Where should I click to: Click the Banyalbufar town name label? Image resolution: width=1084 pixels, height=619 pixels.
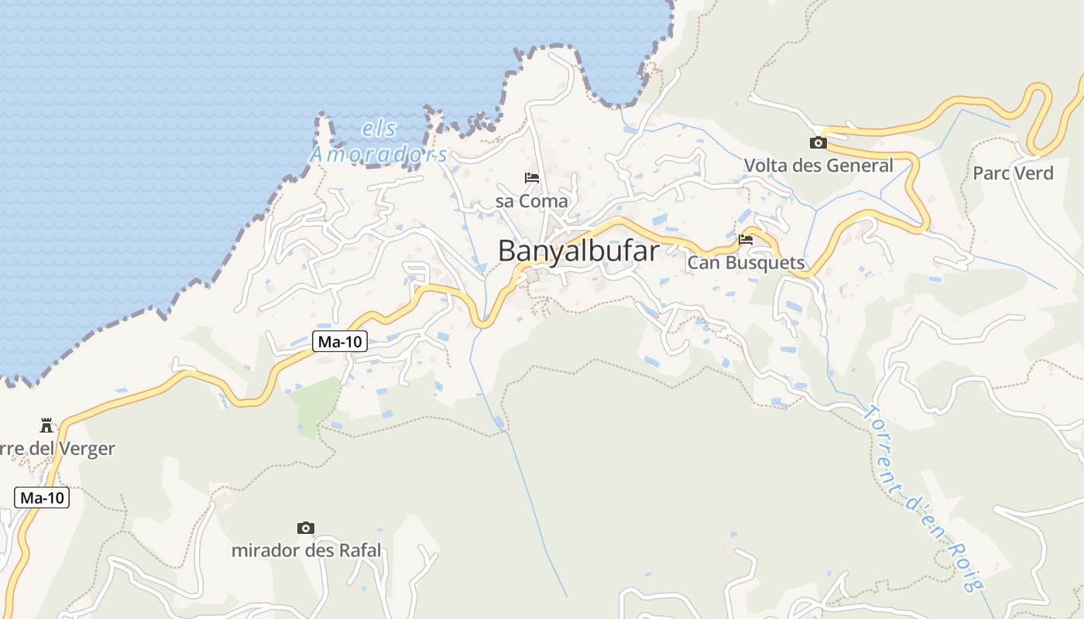tap(578, 251)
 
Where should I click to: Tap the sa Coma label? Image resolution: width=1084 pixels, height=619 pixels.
tap(532, 201)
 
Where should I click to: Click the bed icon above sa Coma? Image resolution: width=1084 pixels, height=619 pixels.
tap(532, 178)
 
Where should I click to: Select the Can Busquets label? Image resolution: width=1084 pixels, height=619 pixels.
tap(746, 263)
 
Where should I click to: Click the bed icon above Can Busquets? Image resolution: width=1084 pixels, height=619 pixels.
tap(746, 240)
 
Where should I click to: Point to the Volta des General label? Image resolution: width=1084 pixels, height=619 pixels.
tap(818, 166)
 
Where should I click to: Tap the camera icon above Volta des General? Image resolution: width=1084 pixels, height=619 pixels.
tap(818, 142)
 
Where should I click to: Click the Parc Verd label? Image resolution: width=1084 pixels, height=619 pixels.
tap(1014, 173)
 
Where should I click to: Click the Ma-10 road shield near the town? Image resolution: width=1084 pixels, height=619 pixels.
tap(339, 341)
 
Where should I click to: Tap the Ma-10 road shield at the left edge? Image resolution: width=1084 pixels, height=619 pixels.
tap(42, 498)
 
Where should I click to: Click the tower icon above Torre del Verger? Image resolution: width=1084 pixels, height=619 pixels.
tap(46, 425)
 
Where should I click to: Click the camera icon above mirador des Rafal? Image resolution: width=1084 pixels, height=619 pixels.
tap(306, 528)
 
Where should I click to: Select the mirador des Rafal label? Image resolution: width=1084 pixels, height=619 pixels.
tap(307, 551)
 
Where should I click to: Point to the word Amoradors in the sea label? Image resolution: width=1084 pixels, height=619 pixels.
tap(379, 155)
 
